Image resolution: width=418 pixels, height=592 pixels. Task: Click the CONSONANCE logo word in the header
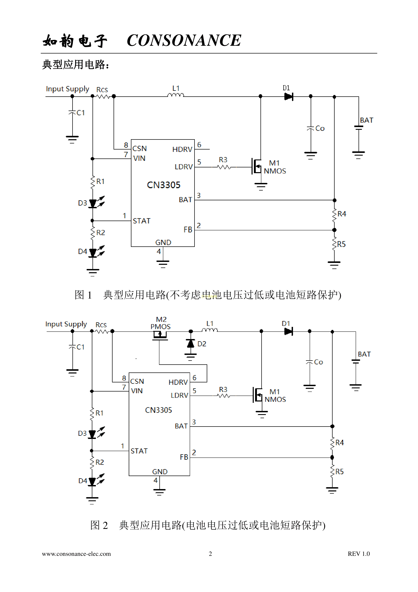[x=184, y=41]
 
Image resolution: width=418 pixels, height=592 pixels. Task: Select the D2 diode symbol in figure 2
[x=191, y=343]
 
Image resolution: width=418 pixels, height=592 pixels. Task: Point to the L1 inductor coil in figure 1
[x=176, y=95]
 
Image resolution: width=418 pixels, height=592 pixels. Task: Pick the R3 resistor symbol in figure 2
[x=223, y=396]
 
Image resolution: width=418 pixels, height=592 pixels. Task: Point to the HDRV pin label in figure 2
[x=178, y=382]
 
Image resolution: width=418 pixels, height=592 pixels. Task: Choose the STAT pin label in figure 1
[x=141, y=221]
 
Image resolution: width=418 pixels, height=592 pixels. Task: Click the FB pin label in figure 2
[x=184, y=457]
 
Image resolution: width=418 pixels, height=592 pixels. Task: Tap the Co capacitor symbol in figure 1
[x=311, y=128]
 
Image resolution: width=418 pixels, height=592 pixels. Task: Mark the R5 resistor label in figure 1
[x=341, y=244]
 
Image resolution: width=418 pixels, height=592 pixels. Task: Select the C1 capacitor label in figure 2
[x=80, y=347]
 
